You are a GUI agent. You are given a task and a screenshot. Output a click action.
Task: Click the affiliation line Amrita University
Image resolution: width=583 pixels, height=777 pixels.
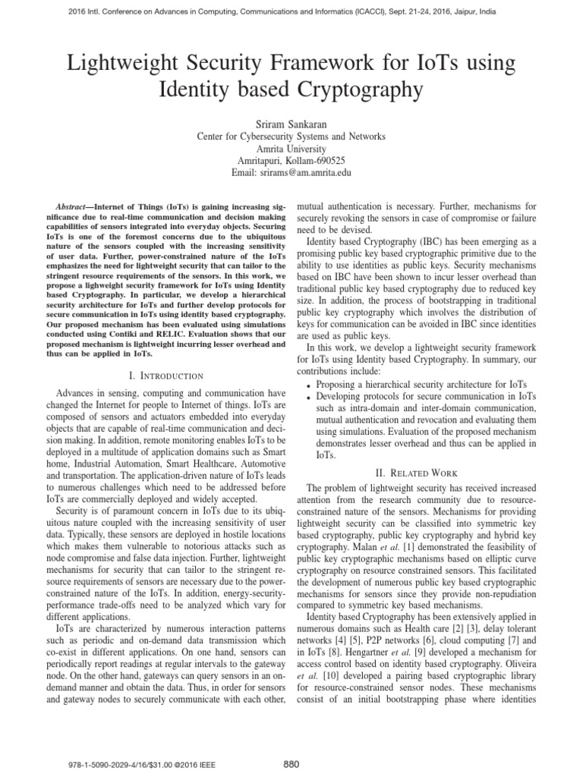(x=291, y=149)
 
